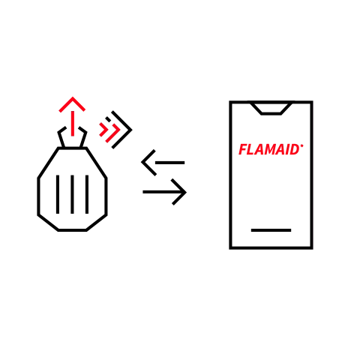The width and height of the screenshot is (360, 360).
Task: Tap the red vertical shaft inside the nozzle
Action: pyautogui.click(x=73, y=124)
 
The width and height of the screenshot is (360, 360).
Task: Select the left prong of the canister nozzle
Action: pyautogui.click(x=61, y=137)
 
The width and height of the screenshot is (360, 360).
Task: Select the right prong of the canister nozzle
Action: pyautogui.click(x=83, y=137)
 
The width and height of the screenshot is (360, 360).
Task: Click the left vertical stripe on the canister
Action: pyautogui.click(x=58, y=194)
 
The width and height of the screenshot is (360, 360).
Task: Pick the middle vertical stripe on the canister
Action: pyautogui.click(x=72, y=194)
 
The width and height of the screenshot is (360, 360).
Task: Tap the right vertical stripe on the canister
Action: pyautogui.click(x=87, y=194)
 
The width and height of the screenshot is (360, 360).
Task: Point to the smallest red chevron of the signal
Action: pyautogui.click(x=103, y=130)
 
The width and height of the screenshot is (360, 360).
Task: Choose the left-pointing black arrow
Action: pyautogui.click(x=163, y=163)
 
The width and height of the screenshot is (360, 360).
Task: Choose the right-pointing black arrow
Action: pyautogui.click(x=164, y=192)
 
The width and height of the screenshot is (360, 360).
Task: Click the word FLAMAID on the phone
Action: pyautogui.click(x=269, y=149)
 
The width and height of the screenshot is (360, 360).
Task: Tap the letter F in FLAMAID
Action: pyautogui.click(x=243, y=149)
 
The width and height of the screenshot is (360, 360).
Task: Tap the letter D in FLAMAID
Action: pyautogui.click(x=294, y=149)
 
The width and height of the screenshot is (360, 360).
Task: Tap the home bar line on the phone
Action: pyautogui.click(x=271, y=230)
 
